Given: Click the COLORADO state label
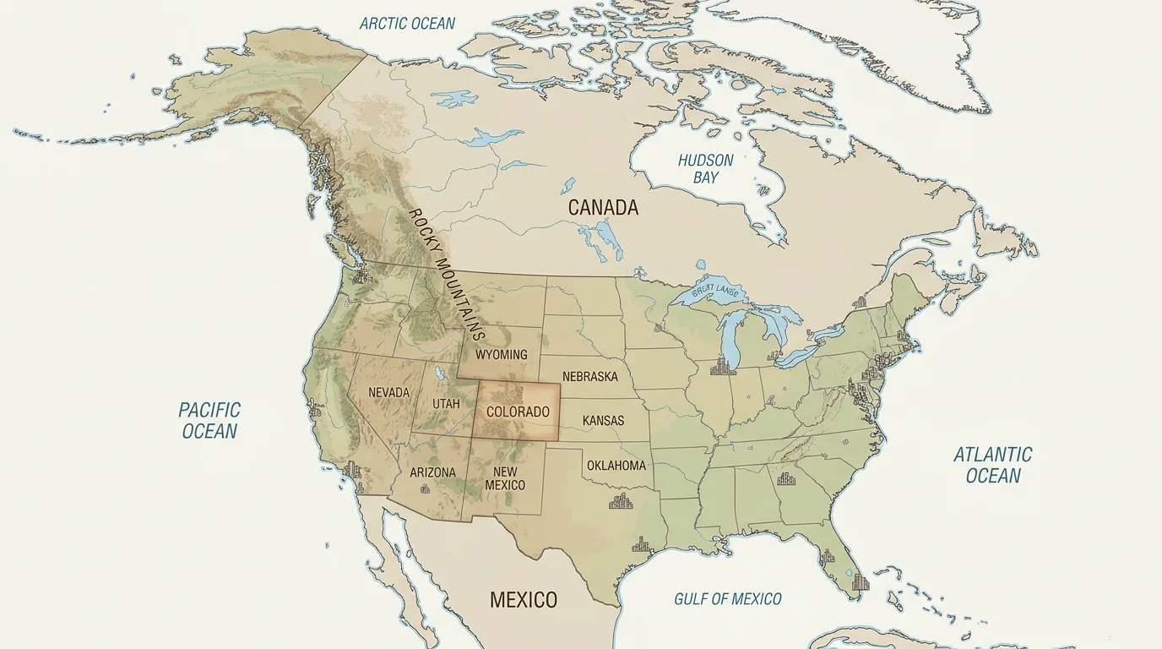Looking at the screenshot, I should (x=518, y=412).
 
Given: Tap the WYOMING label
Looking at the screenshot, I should (x=501, y=354).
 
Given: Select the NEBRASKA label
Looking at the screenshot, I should (x=589, y=376).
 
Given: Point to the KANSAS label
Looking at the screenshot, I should (x=603, y=420).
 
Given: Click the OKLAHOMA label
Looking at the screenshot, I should (x=616, y=465).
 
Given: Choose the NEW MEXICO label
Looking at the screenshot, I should (x=505, y=478).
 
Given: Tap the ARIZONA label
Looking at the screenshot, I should (x=432, y=472).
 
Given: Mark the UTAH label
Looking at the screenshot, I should (x=446, y=403).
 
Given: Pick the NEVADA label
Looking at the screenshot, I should (x=388, y=392).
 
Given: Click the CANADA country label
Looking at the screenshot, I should (x=603, y=207).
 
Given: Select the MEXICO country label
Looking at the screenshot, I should (x=524, y=600).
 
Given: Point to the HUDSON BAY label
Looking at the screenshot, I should (x=706, y=168).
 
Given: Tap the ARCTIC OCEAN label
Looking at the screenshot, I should (x=407, y=24).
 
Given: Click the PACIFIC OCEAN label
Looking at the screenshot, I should (x=209, y=420).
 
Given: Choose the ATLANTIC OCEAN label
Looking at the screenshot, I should (x=993, y=465).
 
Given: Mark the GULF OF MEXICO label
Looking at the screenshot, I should (x=727, y=598).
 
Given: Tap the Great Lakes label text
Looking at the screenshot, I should (x=715, y=292).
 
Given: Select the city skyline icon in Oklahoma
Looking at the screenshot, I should (x=622, y=502).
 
